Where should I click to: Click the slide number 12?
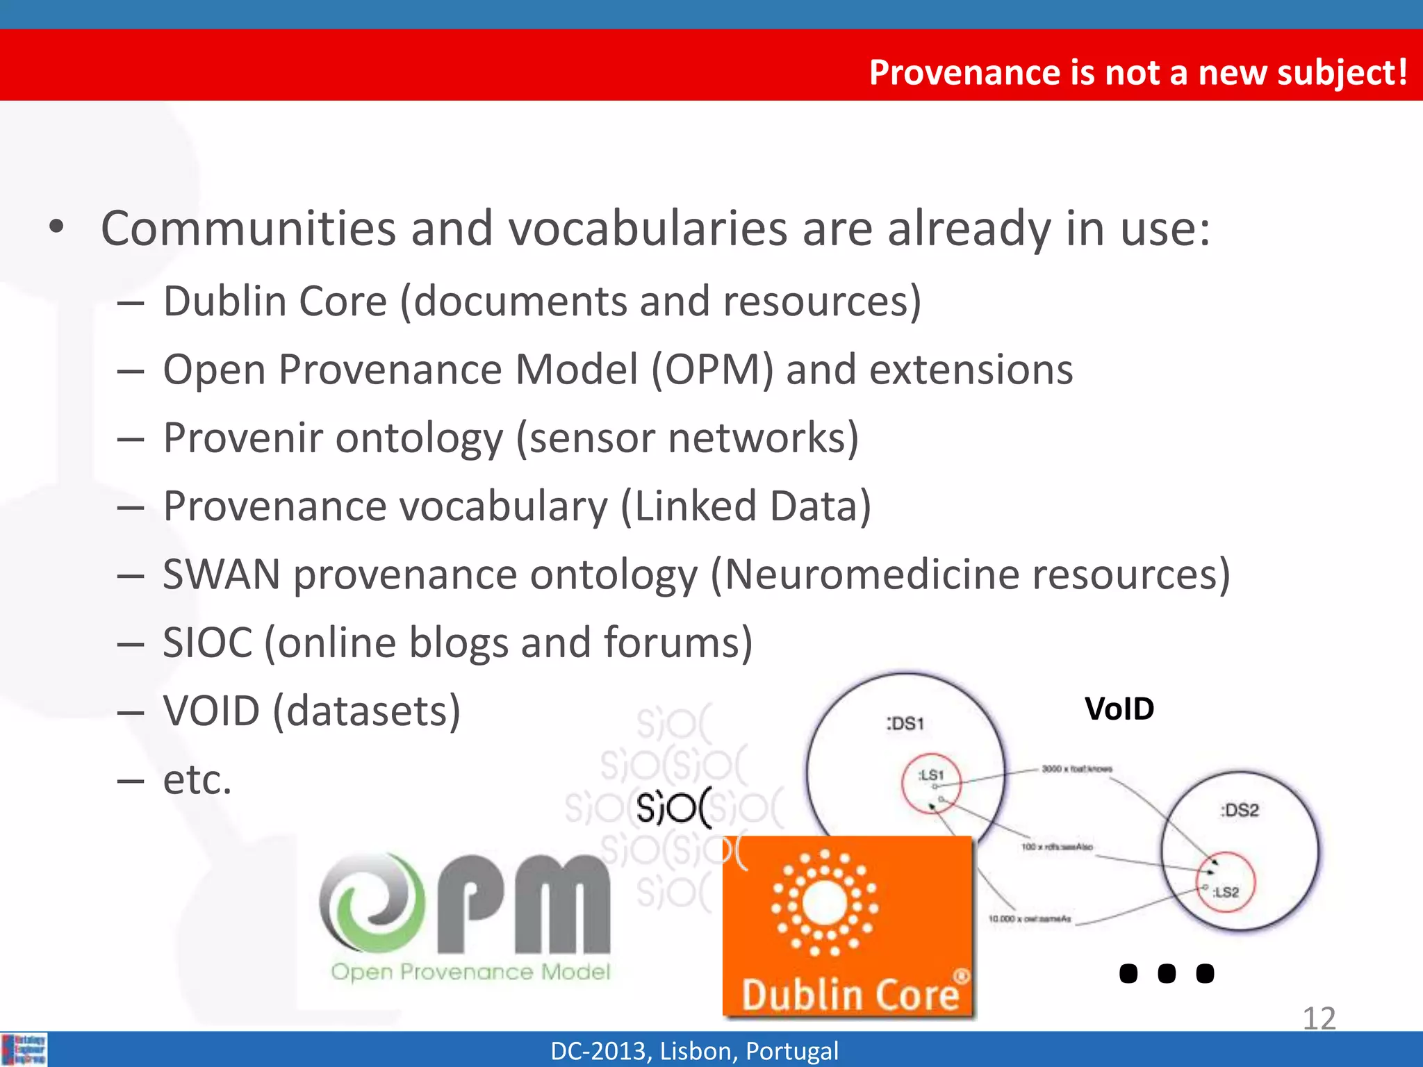pos(1318,1018)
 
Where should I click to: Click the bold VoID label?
pos(1119,709)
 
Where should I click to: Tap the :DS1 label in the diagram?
pos(905,724)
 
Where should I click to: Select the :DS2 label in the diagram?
pos(1240,810)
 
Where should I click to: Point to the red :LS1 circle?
pos(931,783)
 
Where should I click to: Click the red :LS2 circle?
pos(1226,882)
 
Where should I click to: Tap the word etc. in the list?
pos(197,779)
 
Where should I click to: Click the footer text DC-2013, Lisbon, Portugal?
pos(694,1051)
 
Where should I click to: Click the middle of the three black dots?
pos(1167,973)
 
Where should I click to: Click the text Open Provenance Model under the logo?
pos(470,971)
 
